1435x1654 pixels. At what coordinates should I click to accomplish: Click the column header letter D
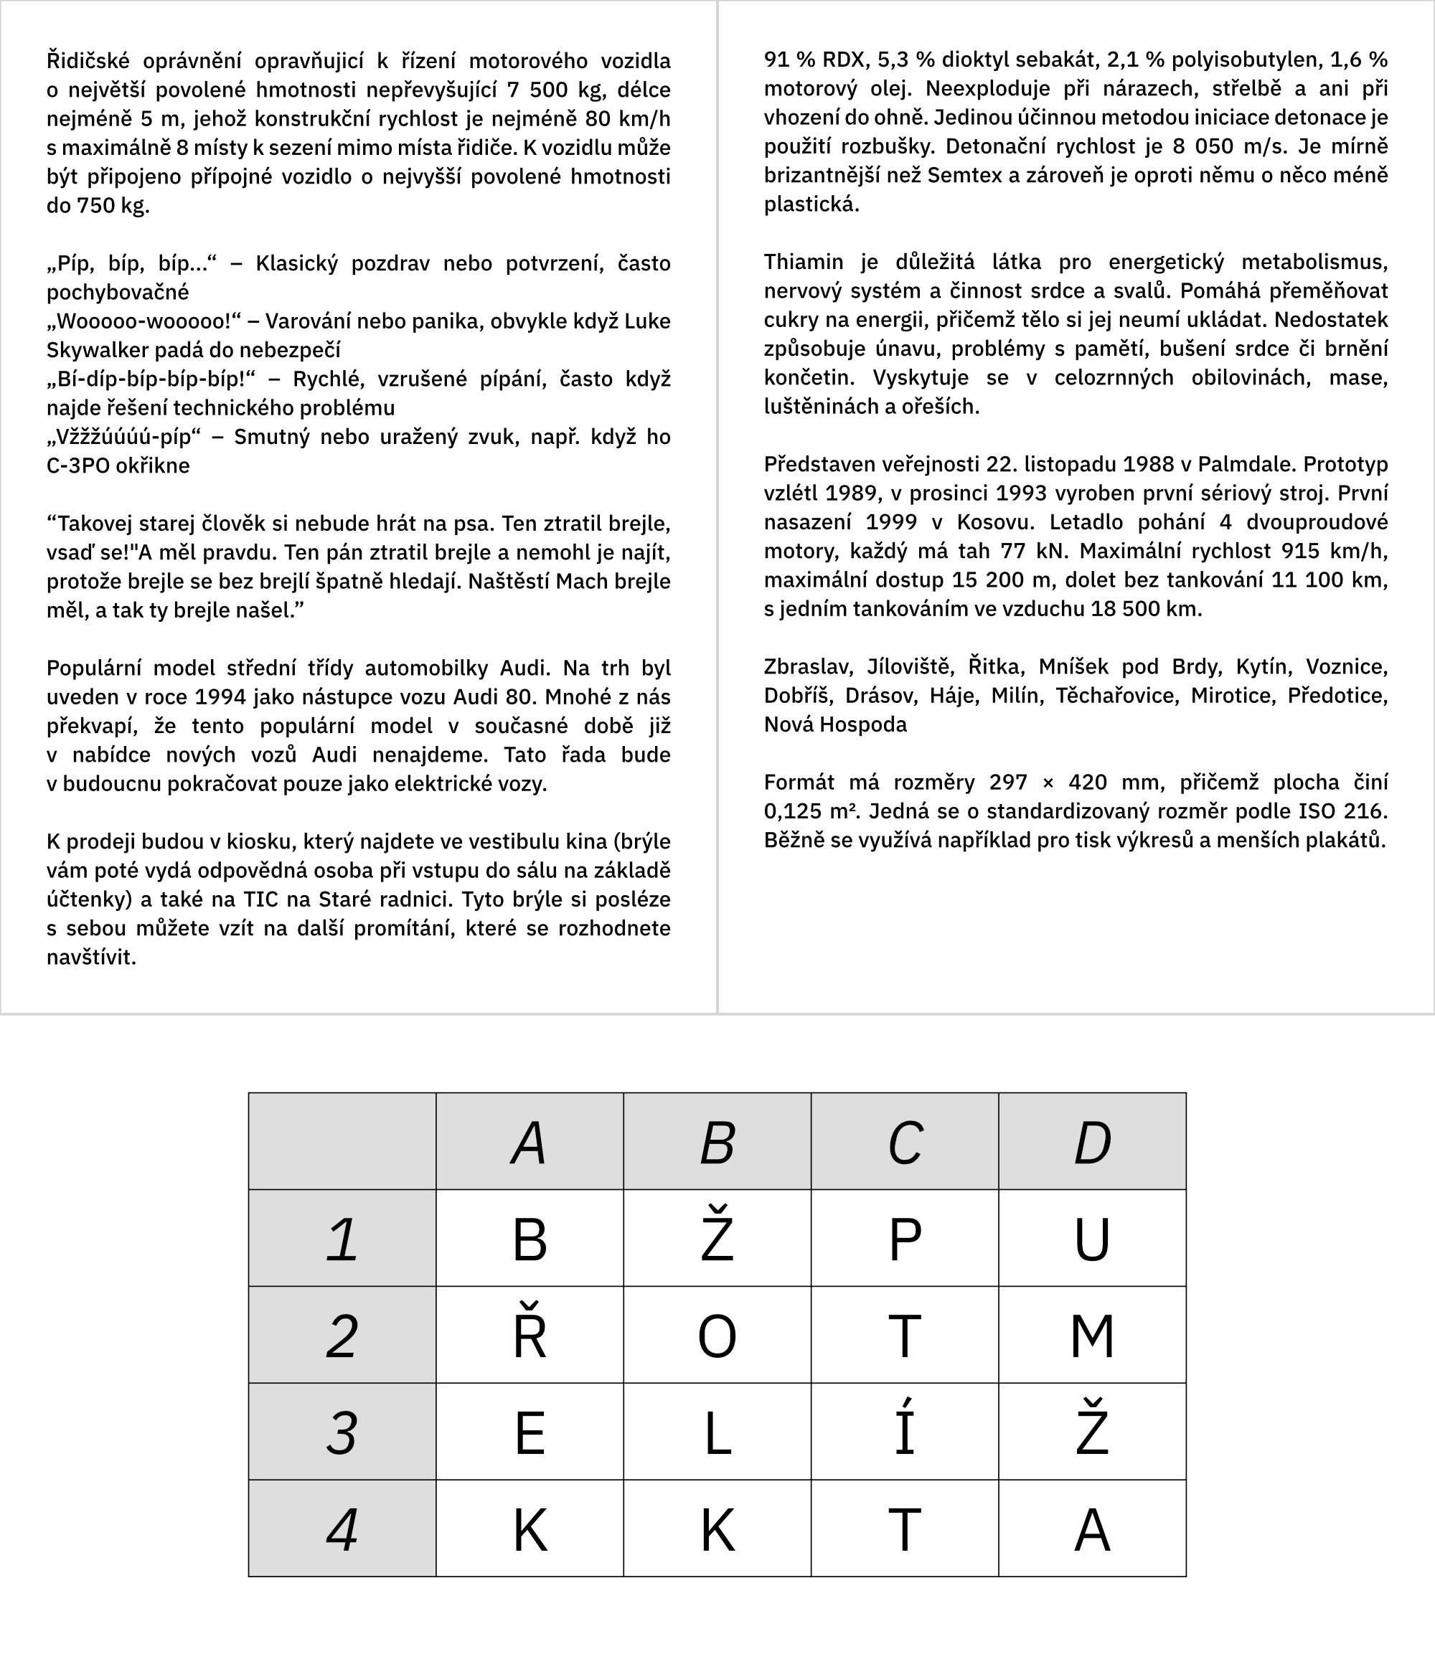(x=1091, y=1143)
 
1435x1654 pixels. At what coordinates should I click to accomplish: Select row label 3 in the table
(x=342, y=1433)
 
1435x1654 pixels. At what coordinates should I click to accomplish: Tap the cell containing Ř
(x=530, y=1336)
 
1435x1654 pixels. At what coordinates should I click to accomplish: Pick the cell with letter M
(x=1091, y=1336)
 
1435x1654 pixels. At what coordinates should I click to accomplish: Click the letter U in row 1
(x=1091, y=1239)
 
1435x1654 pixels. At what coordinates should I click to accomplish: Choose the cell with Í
(x=904, y=1433)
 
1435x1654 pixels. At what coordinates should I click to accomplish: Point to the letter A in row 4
(x=1091, y=1530)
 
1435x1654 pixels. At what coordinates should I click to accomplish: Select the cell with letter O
(x=717, y=1336)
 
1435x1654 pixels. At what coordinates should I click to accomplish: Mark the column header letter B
(x=717, y=1143)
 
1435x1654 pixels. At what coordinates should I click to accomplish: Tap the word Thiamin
(x=803, y=262)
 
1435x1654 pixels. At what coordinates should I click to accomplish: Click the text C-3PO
(x=77, y=466)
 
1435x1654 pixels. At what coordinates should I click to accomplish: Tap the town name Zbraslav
(x=807, y=667)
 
